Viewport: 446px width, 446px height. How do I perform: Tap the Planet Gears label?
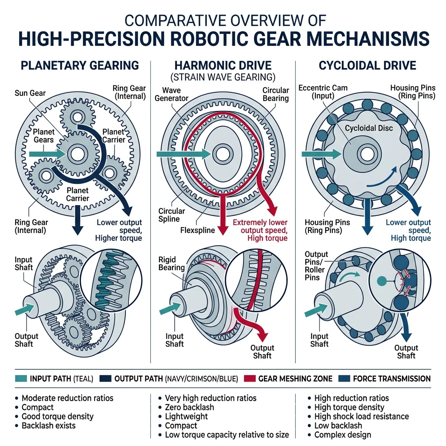point(44,136)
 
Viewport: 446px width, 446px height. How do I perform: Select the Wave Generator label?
point(172,94)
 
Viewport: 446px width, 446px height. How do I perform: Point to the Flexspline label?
point(197,230)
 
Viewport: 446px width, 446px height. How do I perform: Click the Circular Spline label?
point(172,215)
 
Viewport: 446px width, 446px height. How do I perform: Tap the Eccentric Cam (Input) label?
point(323,92)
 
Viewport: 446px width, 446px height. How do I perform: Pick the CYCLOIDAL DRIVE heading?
point(367,66)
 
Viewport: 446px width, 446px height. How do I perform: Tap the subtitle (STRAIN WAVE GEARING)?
point(223,78)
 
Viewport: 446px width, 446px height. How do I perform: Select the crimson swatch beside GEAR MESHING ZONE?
point(250,378)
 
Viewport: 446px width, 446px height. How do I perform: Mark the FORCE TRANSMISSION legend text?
point(392,378)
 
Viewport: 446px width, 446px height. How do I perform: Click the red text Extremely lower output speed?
point(260,226)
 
